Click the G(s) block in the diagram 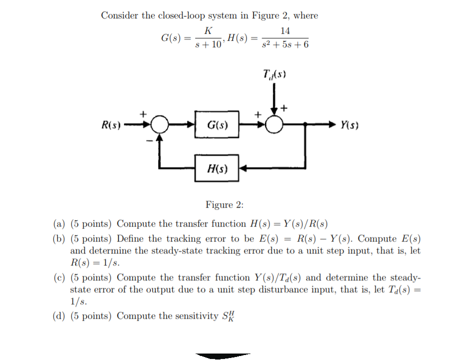[217, 124]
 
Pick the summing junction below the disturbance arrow [274, 124]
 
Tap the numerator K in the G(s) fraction [208, 31]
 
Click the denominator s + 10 [208, 45]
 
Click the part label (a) [59, 224]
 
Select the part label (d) [59, 316]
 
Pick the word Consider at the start [119, 15]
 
